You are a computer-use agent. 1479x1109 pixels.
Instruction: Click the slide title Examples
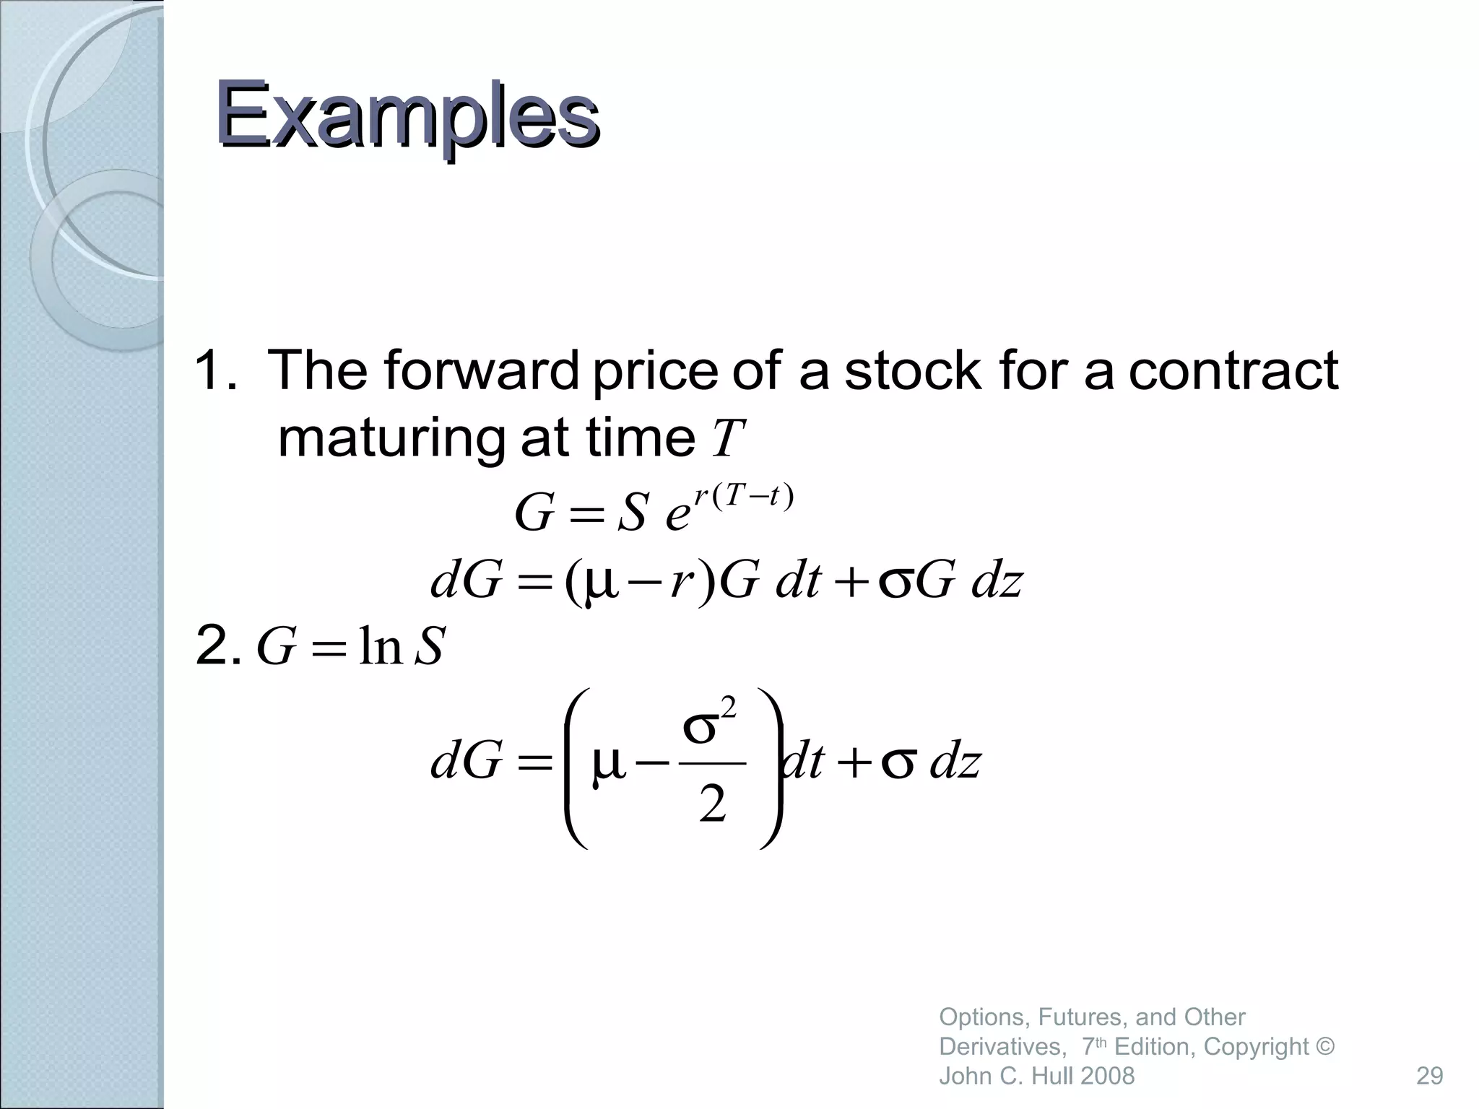pyautogui.click(x=407, y=116)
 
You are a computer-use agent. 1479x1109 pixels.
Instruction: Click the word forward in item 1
pyautogui.click(x=482, y=370)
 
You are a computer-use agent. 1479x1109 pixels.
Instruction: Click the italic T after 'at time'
pyautogui.click(x=727, y=438)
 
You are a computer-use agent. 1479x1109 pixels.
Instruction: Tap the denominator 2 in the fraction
pyautogui.click(x=712, y=806)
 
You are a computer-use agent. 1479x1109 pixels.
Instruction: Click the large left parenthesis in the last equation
pyautogui.click(x=576, y=768)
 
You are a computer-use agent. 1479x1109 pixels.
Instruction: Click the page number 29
pyautogui.click(x=1429, y=1076)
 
